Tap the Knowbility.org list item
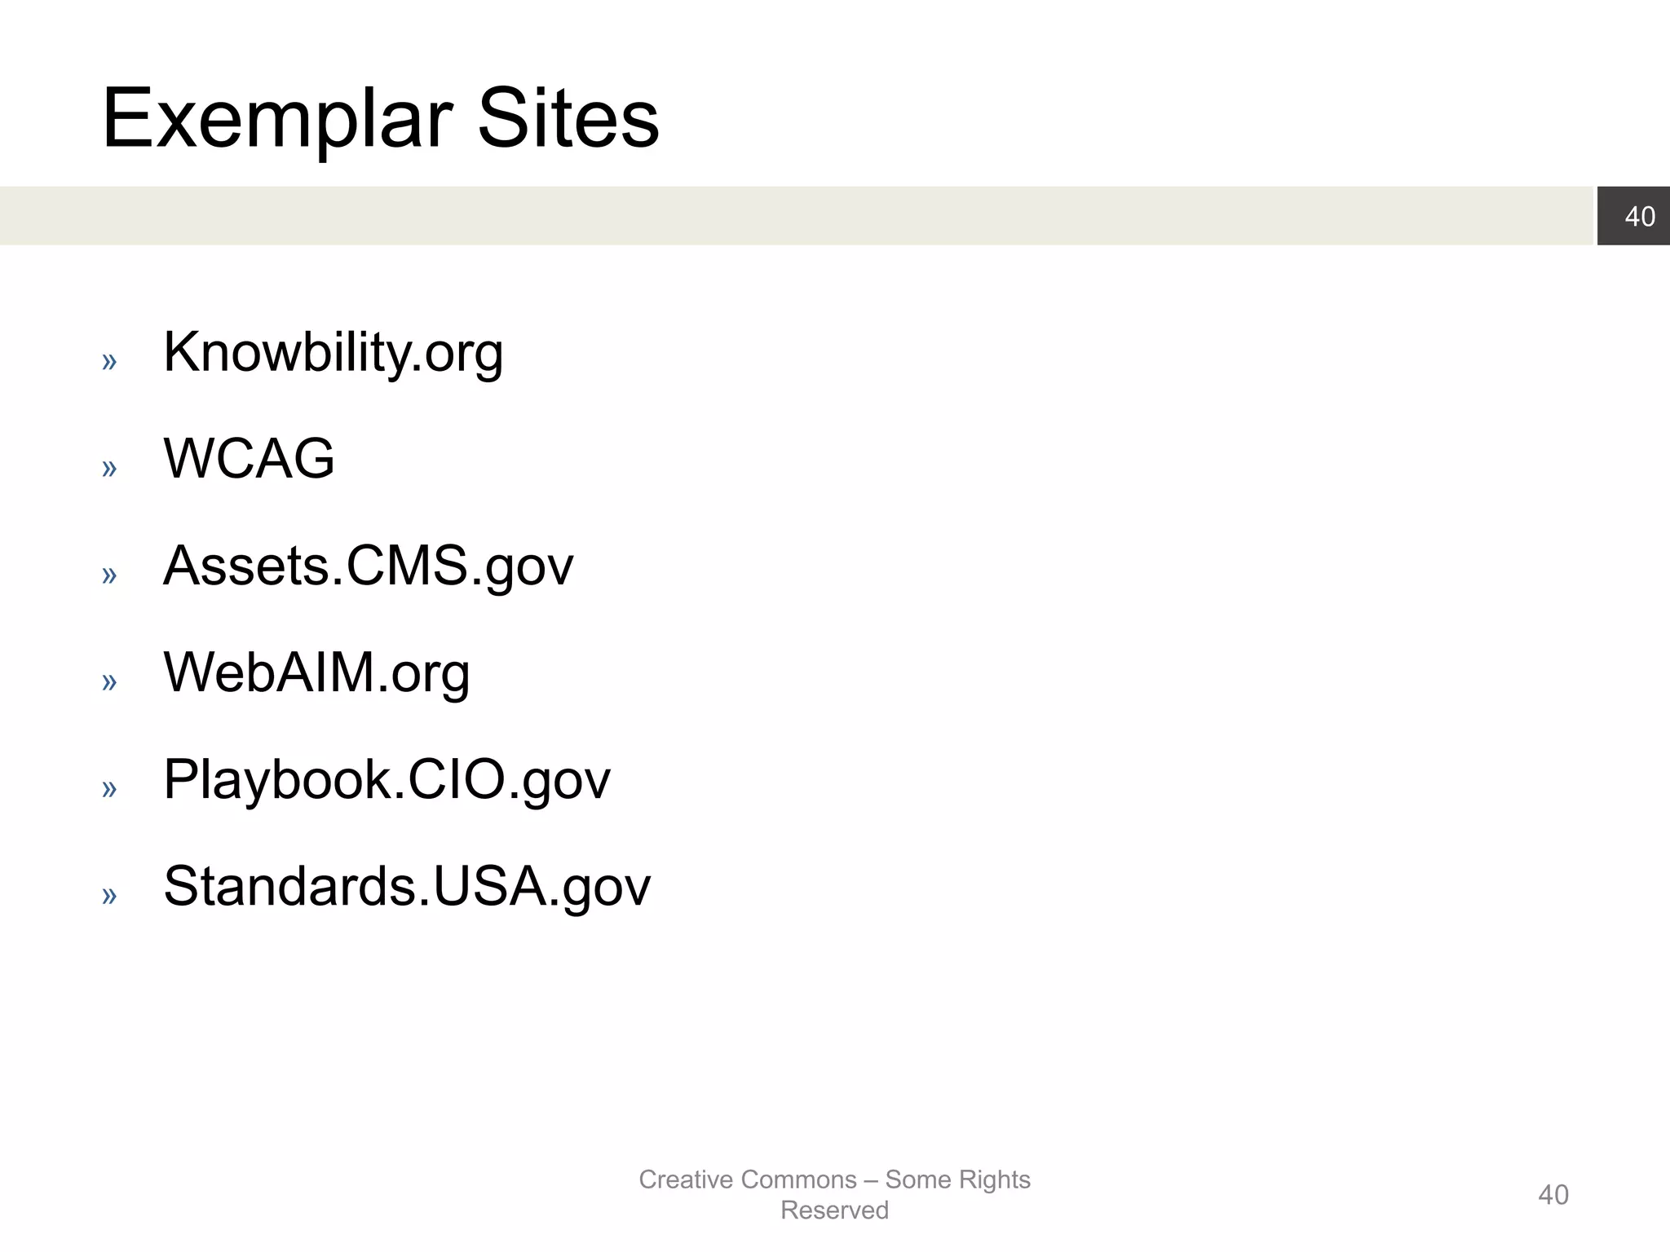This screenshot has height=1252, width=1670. click(x=333, y=352)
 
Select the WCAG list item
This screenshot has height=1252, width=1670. click(x=249, y=458)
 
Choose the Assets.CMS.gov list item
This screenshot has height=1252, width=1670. click(x=368, y=566)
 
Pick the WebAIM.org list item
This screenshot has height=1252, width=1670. click(x=316, y=672)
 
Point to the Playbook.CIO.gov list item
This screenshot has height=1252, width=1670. click(x=387, y=779)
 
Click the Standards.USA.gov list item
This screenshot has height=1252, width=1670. click(x=407, y=886)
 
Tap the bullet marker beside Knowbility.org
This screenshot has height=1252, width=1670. click(x=109, y=361)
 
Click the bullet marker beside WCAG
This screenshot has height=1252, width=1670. click(x=109, y=468)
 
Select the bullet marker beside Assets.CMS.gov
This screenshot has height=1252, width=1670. click(x=109, y=575)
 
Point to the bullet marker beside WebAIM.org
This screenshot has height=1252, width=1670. click(x=109, y=681)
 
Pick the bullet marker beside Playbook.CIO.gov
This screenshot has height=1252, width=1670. click(x=109, y=788)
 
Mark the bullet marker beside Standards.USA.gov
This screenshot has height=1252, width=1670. click(x=109, y=895)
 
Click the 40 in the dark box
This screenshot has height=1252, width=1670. click(x=1640, y=216)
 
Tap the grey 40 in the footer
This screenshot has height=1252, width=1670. click(x=1553, y=1195)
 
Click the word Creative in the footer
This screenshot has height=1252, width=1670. click(x=686, y=1179)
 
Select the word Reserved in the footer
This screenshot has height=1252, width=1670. click(x=834, y=1210)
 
